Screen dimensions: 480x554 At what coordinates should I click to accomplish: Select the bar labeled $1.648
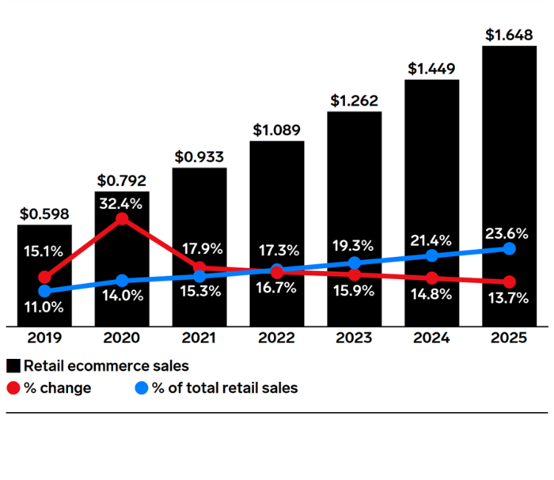[x=509, y=185]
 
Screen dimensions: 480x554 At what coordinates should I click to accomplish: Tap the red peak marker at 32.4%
[x=122, y=219]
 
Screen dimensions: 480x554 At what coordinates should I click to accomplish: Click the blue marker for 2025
[x=509, y=249]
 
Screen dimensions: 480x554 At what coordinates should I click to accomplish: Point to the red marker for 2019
[x=44, y=278]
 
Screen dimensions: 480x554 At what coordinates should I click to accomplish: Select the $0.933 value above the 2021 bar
[x=199, y=157]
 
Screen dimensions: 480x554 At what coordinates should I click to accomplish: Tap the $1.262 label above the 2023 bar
[x=354, y=100]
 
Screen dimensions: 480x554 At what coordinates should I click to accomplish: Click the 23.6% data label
[x=507, y=233]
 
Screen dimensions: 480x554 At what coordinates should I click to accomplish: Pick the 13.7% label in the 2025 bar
[x=507, y=298]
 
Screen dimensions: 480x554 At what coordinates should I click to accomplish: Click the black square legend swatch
[x=13, y=366]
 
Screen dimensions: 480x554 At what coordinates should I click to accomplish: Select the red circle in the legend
[x=13, y=388]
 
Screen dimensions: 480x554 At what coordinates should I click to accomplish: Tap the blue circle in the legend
[x=142, y=388]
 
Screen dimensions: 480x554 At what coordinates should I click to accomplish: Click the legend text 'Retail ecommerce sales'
[x=106, y=366]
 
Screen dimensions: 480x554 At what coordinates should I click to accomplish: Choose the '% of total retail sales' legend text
[x=225, y=388]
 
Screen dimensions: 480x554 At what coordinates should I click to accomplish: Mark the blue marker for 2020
[x=122, y=281]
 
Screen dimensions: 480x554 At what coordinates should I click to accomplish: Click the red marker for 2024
[x=431, y=278]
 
